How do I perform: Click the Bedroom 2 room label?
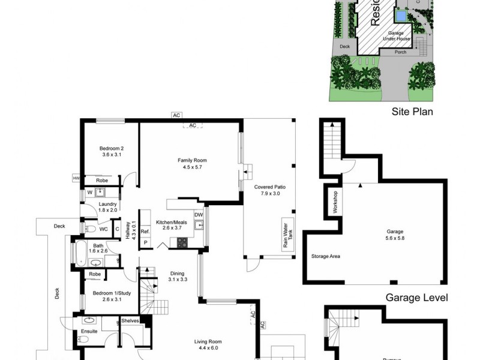pyautogui.click(x=111, y=152)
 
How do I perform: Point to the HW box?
pyautogui.click(x=76, y=178)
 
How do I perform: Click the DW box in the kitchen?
pyautogui.click(x=199, y=215)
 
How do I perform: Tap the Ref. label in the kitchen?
pyautogui.click(x=145, y=230)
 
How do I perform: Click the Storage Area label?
pyautogui.click(x=326, y=256)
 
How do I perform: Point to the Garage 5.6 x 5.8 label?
pyautogui.click(x=394, y=235)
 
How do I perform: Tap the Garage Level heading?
pyautogui.click(x=416, y=298)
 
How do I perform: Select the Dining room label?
pyautogui.click(x=178, y=276)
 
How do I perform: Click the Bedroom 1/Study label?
pyautogui.click(x=107, y=296)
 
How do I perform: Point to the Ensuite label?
pyautogui.click(x=89, y=331)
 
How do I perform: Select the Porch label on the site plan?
pyautogui.click(x=400, y=52)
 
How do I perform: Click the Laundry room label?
pyautogui.click(x=107, y=207)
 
